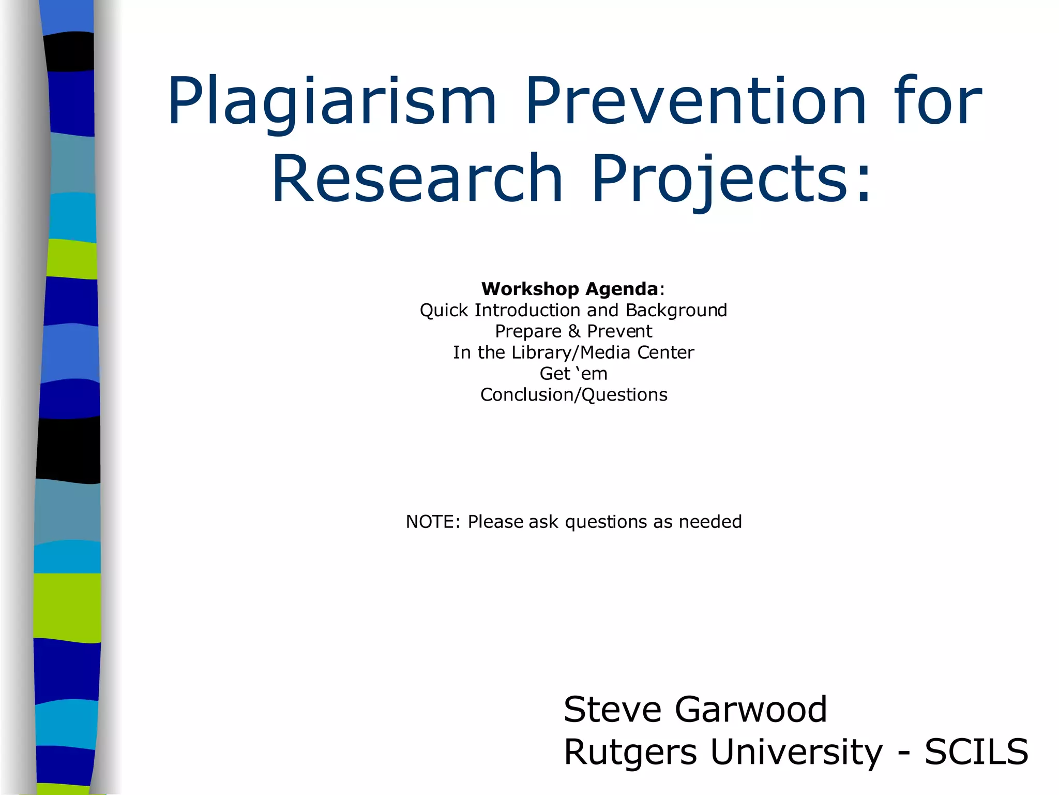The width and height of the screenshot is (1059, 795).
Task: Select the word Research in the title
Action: click(417, 178)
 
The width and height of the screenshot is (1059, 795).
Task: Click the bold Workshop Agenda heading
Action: click(569, 289)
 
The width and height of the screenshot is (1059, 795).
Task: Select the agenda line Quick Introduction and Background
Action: click(573, 310)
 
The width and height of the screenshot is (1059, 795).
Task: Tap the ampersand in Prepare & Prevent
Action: click(574, 331)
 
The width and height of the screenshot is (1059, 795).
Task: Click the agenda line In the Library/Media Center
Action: click(573, 352)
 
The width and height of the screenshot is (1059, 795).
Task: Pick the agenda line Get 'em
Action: click(573, 374)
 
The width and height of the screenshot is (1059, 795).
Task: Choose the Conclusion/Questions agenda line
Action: click(573, 395)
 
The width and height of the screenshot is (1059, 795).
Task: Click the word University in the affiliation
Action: click(797, 752)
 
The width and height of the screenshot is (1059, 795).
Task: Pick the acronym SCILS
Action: click(976, 752)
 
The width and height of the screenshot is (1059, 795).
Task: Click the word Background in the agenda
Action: click(676, 310)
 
